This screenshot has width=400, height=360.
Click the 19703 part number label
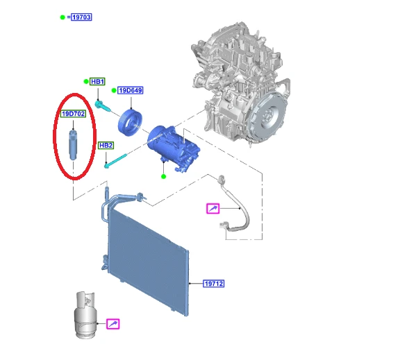[x=81, y=17]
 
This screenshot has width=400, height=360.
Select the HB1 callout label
[x=97, y=82]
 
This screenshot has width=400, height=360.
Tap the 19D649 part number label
[x=131, y=90]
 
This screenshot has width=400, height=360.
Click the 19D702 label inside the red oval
[x=73, y=114]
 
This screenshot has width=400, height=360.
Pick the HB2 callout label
[x=106, y=145]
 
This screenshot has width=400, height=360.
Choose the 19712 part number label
[x=214, y=284]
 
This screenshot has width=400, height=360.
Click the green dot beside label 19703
[x=62, y=17]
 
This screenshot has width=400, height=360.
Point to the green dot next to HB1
[x=86, y=82]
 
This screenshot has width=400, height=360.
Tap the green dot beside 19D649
[x=114, y=90]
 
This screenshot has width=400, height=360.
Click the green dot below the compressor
[x=164, y=176]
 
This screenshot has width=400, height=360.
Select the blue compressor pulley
[x=130, y=123]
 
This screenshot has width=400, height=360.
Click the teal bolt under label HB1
[x=103, y=106]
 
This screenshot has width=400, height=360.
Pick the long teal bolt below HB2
[x=116, y=161]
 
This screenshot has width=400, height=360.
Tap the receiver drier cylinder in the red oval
[x=73, y=145]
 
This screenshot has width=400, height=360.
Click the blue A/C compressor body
[x=174, y=148]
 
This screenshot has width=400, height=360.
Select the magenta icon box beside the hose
[x=213, y=208]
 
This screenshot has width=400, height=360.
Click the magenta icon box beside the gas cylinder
[x=112, y=324]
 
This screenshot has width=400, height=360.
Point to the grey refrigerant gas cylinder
[x=85, y=315]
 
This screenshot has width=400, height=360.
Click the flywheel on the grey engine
[x=268, y=118]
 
